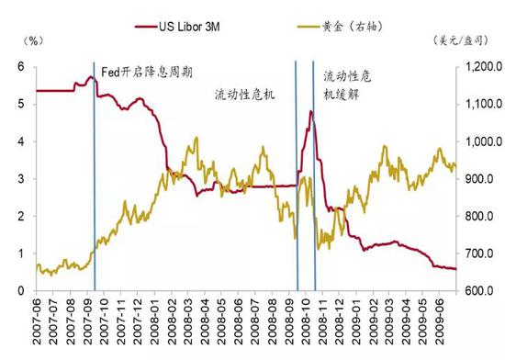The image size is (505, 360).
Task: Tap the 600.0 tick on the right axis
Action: [477, 291]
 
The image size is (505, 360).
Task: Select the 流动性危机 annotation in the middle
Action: [244, 95]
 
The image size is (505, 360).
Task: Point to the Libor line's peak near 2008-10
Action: [310, 112]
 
